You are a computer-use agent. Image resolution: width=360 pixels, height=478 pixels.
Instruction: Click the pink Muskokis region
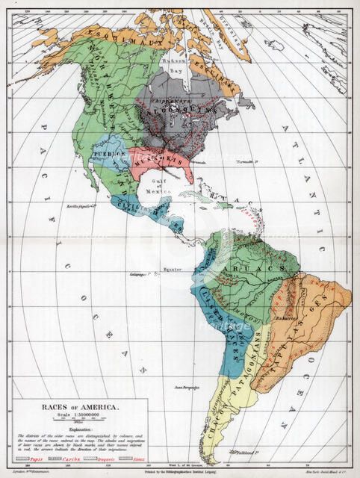point(170,161)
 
